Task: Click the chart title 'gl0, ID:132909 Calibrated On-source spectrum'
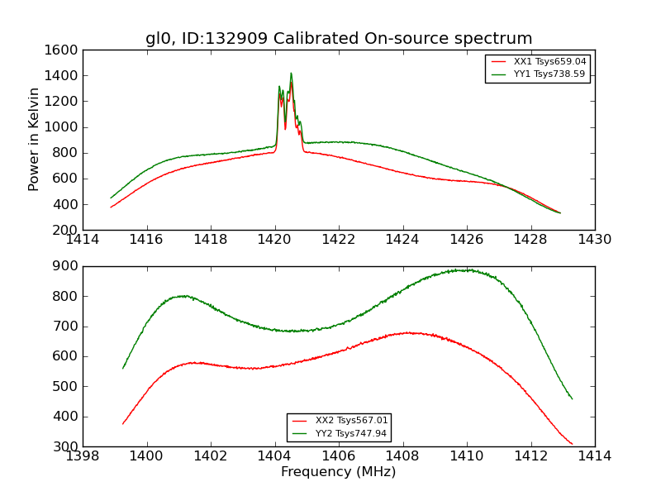click(339, 39)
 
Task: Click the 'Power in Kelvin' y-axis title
click(34, 139)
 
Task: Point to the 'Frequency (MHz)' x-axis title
click(338, 472)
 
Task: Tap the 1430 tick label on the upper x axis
click(594, 240)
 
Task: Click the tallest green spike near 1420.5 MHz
click(291, 74)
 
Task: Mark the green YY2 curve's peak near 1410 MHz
click(466, 270)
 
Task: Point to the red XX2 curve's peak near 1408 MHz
click(409, 333)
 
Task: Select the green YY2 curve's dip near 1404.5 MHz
click(293, 331)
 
